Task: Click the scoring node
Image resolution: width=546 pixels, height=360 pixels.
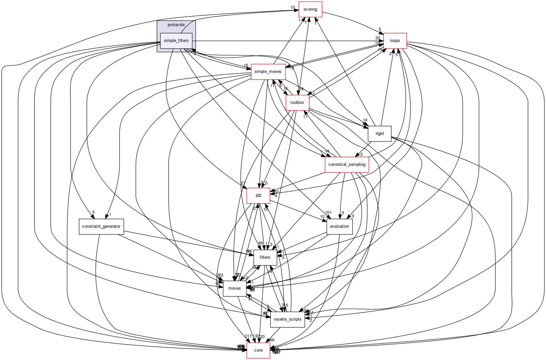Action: pyautogui.click(x=310, y=9)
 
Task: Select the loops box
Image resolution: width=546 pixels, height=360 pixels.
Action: pyautogui.click(x=395, y=41)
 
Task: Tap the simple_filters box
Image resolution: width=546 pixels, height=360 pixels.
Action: pyautogui.click(x=176, y=41)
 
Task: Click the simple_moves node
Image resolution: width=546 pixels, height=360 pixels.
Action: pyautogui.click(x=268, y=72)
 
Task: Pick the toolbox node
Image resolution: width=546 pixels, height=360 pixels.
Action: pyautogui.click(x=297, y=103)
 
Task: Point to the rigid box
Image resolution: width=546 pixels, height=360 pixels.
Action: pyautogui.click(x=380, y=134)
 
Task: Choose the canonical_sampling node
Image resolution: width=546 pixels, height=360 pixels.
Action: pyautogui.click(x=347, y=165)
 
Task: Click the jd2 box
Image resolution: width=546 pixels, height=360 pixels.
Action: pyautogui.click(x=258, y=195)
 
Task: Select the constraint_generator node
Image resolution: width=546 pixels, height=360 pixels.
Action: pyautogui.click(x=101, y=226)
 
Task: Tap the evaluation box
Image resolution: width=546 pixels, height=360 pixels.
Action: pyautogui.click(x=339, y=226)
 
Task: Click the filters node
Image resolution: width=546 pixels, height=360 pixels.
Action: pyautogui.click(x=265, y=257)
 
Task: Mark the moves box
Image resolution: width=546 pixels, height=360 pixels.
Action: pyautogui.click(x=234, y=288)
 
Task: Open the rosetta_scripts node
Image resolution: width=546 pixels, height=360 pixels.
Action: pyautogui.click(x=287, y=319)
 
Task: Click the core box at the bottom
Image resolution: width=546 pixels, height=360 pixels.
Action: pyautogui.click(x=258, y=350)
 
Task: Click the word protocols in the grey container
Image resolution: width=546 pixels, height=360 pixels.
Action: pyautogui.click(x=176, y=25)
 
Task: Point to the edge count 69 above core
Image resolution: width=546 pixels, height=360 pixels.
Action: pyautogui.click(x=272, y=340)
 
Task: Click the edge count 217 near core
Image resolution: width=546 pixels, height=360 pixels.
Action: pyautogui.click(x=248, y=336)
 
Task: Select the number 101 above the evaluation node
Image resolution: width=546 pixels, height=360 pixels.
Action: pyautogui.click(x=328, y=212)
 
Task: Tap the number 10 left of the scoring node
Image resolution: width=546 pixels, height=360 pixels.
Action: pyautogui.click(x=293, y=7)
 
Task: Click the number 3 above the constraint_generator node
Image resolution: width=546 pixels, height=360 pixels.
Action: pyautogui.click(x=93, y=212)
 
